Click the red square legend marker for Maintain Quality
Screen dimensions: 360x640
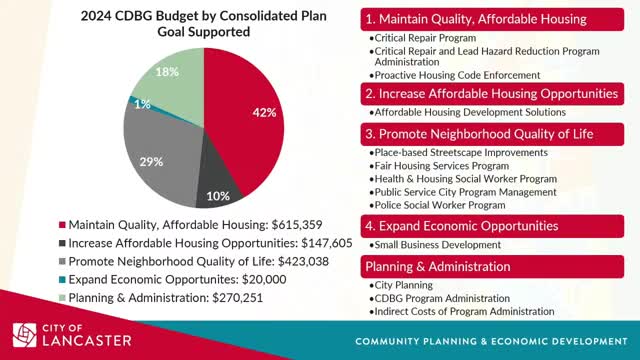(63, 224)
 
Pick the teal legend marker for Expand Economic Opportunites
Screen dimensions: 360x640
(63, 281)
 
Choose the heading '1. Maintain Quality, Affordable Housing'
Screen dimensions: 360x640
(476, 19)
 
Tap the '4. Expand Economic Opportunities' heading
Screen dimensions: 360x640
(462, 226)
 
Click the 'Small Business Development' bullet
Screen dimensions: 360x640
(436, 245)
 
